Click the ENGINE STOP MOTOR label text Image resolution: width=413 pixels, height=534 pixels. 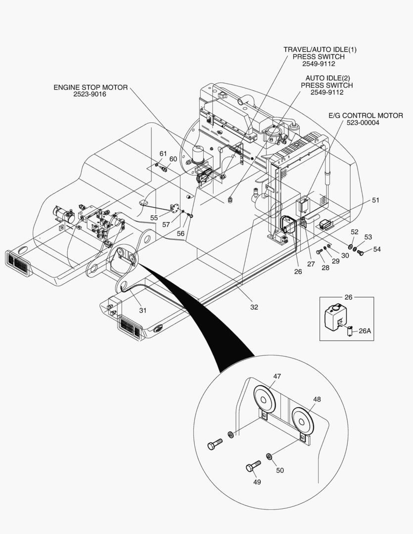click(x=91, y=88)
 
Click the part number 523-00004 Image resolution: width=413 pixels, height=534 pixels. click(x=363, y=123)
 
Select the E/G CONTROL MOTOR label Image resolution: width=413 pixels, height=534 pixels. click(x=366, y=116)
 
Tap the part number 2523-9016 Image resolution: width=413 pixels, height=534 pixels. click(x=90, y=94)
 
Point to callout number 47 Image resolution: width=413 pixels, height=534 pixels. click(x=277, y=376)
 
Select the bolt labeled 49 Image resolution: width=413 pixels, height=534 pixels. click(x=253, y=466)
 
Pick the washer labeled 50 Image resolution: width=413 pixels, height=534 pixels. click(x=269, y=456)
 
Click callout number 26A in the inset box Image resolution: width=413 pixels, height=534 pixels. click(x=365, y=331)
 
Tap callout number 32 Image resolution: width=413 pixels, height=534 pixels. click(x=254, y=307)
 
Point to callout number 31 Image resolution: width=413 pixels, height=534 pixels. click(x=143, y=310)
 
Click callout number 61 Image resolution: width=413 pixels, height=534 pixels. click(x=163, y=154)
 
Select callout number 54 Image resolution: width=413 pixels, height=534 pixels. click(x=377, y=249)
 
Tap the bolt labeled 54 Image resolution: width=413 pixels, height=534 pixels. click(x=360, y=252)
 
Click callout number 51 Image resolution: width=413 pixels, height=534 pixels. click(x=375, y=200)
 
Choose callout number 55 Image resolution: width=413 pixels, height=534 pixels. click(x=154, y=218)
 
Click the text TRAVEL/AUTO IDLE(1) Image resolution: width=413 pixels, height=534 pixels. click(x=320, y=50)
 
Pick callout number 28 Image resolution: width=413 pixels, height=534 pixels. click(x=325, y=267)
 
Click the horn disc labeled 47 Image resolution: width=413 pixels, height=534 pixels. click(x=264, y=399)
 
